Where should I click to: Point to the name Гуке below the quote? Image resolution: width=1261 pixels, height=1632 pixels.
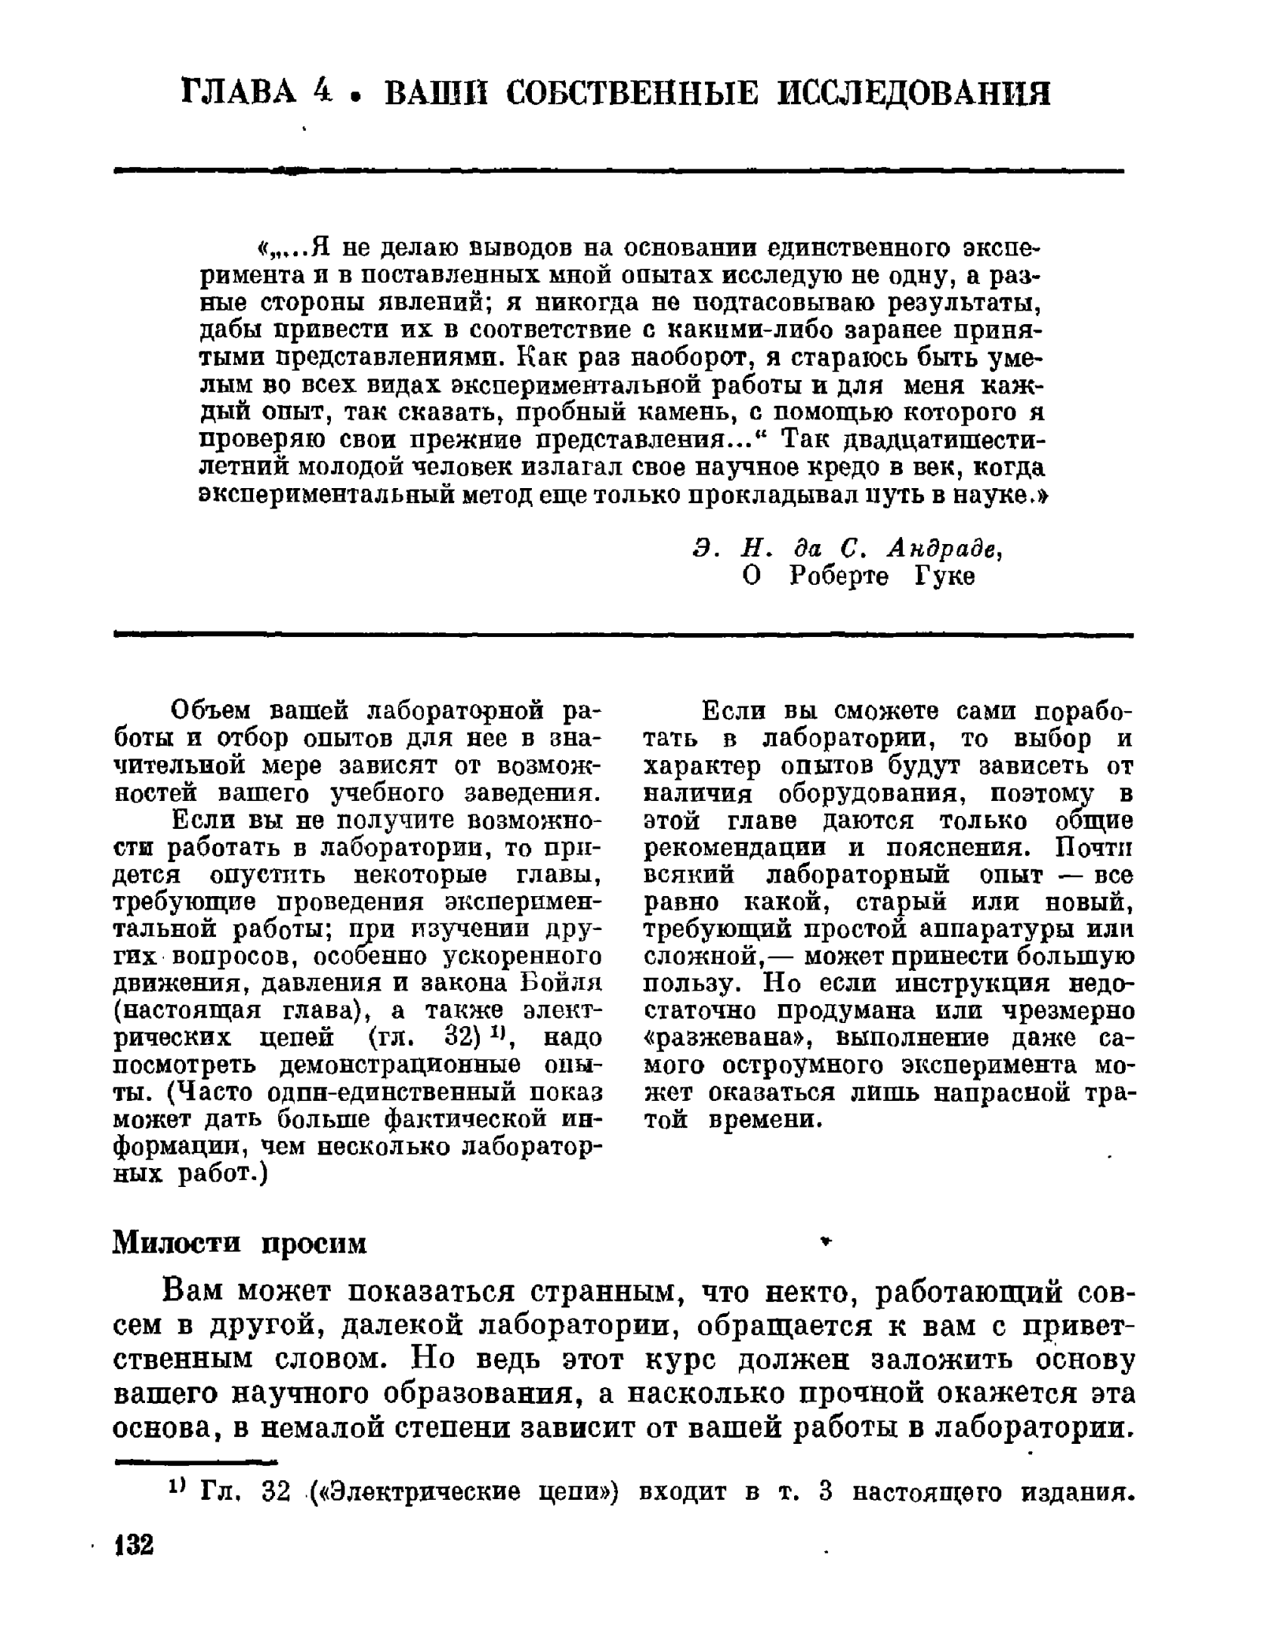click(944, 577)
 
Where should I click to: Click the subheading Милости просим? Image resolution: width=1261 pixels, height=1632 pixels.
click(240, 1242)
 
